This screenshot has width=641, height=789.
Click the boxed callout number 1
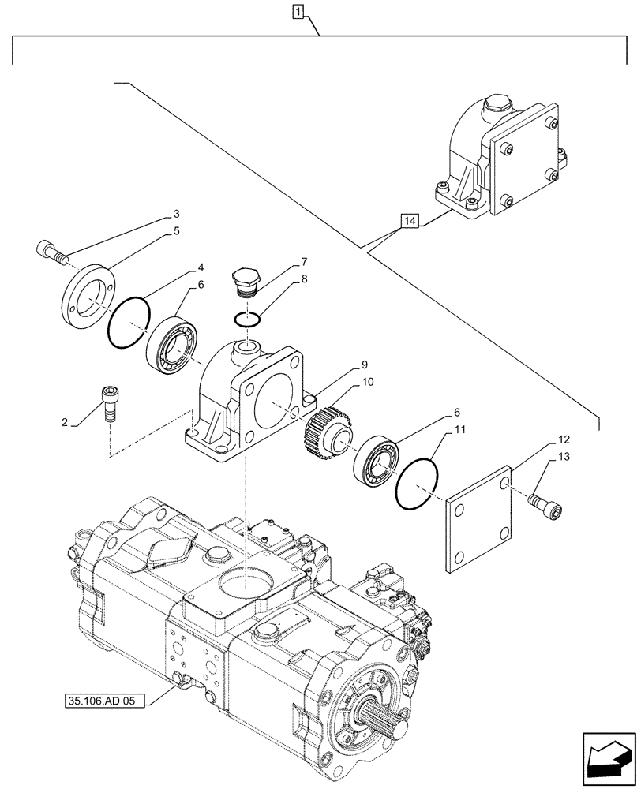297,12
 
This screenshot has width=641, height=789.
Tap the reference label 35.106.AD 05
101,700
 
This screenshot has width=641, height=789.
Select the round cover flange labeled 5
86,293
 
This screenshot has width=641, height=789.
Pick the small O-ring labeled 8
247,317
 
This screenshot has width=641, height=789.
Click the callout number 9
365,365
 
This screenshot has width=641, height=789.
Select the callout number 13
562,457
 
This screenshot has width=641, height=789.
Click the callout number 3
177,214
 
